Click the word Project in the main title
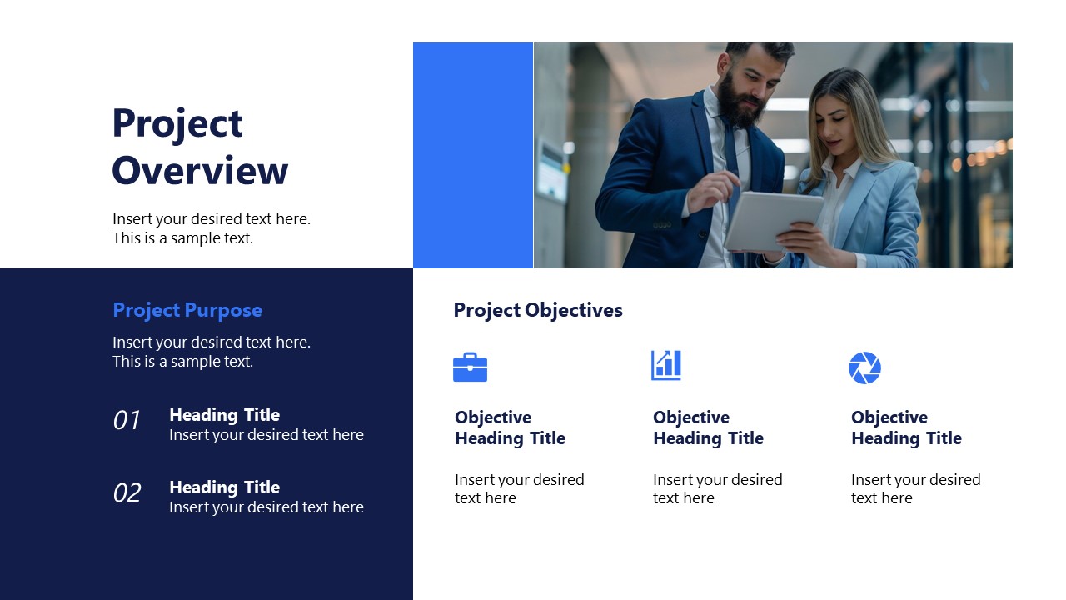(x=177, y=124)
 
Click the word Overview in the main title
(x=200, y=171)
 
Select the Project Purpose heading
(x=187, y=310)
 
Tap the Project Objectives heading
(x=538, y=310)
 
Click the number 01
(x=127, y=421)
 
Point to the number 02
(x=127, y=493)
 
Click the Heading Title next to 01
(x=224, y=415)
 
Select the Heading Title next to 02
(x=224, y=487)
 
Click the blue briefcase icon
(x=470, y=367)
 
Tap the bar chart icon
(x=666, y=365)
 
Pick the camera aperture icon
(x=864, y=367)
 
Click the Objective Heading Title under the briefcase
(x=510, y=427)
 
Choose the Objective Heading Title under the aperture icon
(x=906, y=427)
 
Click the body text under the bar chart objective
(x=717, y=489)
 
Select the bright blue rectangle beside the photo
(x=473, y=156)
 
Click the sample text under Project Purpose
(x=212, y=352)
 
